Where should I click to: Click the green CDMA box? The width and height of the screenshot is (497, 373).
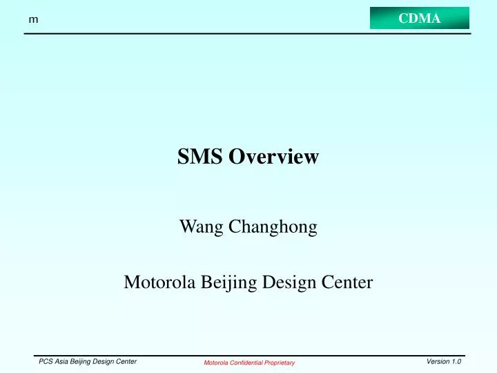point(419,18)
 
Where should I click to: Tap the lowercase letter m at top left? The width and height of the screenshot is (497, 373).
point(32,21)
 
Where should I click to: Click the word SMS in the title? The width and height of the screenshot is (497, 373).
point(200,157)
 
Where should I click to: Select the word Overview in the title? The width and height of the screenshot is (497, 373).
point(273,157)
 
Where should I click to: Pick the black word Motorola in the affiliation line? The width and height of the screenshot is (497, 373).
point(155,282)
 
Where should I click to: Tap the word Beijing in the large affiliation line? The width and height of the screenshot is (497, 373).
point(222,283)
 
